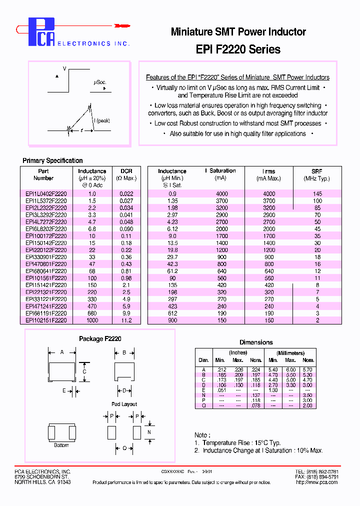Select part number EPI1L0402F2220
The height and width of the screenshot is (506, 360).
(45, 193)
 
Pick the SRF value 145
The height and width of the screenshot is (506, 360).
(317, 193)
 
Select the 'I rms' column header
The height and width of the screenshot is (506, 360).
(268, 171)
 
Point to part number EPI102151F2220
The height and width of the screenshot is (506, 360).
(45, 320)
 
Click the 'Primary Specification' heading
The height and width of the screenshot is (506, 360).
(52, 160)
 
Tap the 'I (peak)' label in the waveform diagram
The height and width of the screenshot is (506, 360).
(102, 120)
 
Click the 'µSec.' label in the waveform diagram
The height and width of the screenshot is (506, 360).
(99, 82)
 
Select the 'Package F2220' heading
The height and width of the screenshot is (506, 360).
(100, 338)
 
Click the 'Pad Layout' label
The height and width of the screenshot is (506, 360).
(124, 404)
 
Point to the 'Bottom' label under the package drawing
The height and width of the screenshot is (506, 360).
(61, 445)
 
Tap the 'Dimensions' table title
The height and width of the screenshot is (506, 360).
(256, 342)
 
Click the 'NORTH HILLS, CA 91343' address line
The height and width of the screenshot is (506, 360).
(42, 482)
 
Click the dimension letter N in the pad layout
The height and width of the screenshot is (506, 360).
(148, 431)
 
